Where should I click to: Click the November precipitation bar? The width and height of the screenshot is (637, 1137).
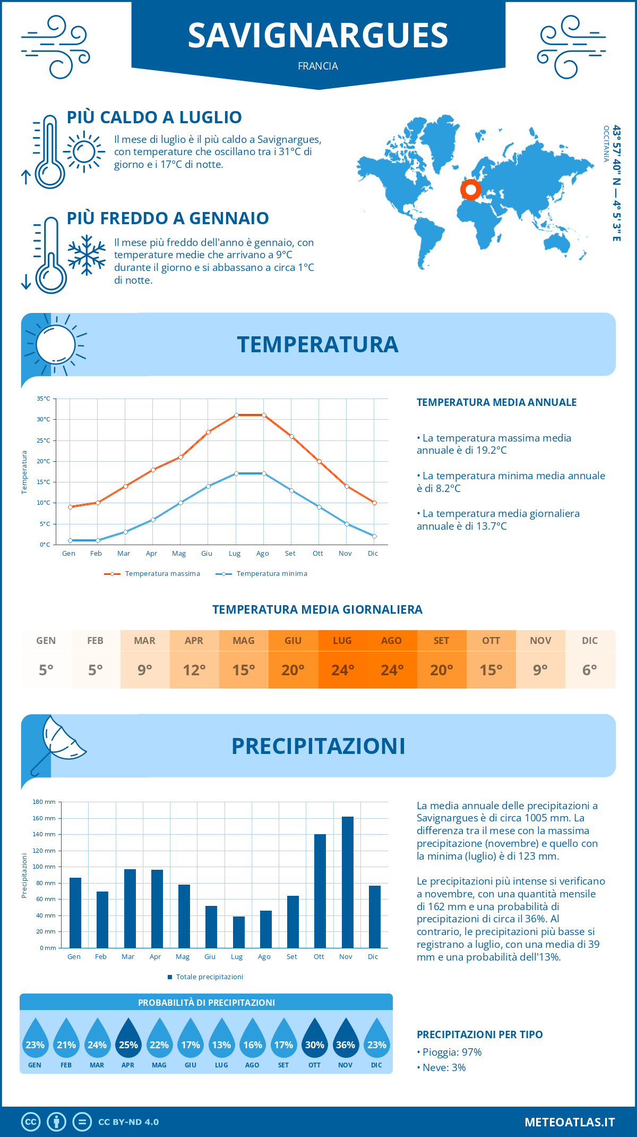point(348,882)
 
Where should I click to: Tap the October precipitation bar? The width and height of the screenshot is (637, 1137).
point(320,891)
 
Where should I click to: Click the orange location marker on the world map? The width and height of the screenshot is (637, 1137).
point(470,190)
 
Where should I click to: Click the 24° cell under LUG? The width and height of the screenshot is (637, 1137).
point(342,670)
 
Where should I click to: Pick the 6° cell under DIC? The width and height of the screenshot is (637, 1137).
point(590,670)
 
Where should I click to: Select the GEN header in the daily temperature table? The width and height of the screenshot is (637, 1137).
point(46,640)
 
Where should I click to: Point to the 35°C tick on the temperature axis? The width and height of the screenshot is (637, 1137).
point(44,398)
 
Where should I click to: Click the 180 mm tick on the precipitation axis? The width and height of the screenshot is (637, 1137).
point(45,802)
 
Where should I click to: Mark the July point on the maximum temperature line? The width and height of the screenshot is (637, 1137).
point(236,415)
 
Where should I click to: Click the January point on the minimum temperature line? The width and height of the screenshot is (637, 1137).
point(70,540)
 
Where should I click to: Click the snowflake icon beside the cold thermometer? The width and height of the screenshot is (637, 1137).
point(87,255)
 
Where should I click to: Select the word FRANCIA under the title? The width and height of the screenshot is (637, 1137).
point(318,66)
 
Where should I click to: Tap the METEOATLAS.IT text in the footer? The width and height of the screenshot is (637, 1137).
point(570,1122)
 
